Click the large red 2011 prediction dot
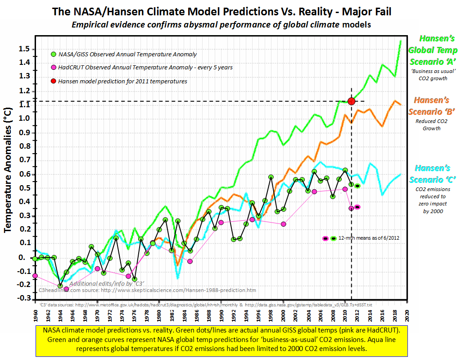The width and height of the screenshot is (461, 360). (352, 101)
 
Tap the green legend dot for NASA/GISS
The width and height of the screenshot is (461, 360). (54, 55)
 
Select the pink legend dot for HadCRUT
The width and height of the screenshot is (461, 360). (54, 68)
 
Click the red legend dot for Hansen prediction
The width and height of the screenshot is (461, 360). (54, 82)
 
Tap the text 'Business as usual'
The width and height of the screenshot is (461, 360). (429, 72)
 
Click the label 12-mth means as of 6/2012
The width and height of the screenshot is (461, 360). (369, 238)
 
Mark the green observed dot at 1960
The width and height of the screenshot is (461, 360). (35, 259)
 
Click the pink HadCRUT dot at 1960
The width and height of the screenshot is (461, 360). (35, 276)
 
